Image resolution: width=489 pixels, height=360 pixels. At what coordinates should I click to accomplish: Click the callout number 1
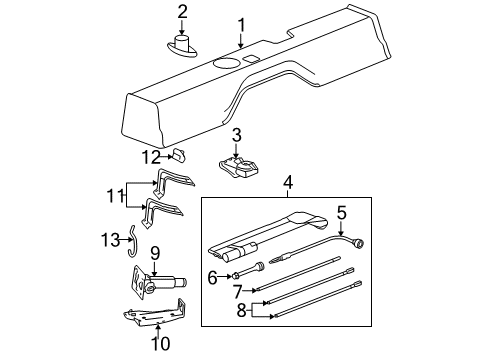pyautogui.click(x=240, y=24)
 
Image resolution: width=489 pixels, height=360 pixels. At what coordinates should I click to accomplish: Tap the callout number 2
pyautogui.click(x=183, y=12)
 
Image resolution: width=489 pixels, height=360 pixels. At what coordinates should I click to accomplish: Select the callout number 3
pyautogui.click(x=236, y=134)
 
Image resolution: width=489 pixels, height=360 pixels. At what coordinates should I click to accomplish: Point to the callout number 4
pyautogui.click(x=288, y=183)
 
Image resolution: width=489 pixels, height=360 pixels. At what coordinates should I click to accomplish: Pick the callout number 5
pyautogui.click(x=341, y=211)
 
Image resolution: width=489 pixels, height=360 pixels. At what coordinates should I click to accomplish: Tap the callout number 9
pyautogui.click(x=155, y=252)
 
